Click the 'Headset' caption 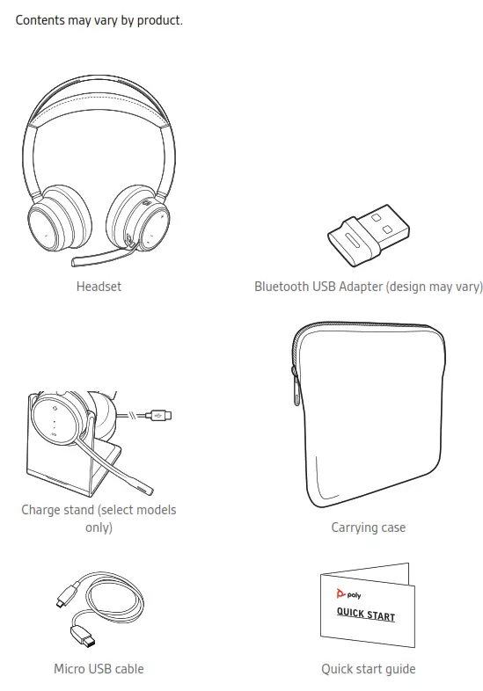click(x=99, y=287)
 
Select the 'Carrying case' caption click(x=368, y=527)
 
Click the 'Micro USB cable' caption click(x=99, y=669)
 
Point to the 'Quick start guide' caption click(x=368, y=669)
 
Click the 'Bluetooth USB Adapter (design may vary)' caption click(x=368, y=287)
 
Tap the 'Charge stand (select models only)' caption click(x=99, y=519)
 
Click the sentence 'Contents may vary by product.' click(x=99, y=19)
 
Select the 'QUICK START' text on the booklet click(x=366, y=614)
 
